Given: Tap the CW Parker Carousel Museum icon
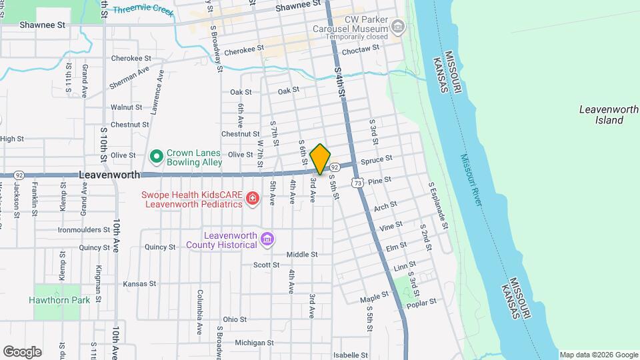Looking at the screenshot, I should [x=398, y=27].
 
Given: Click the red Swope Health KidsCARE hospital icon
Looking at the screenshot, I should [x=253, y=198].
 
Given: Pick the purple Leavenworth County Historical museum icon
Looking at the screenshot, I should [x=267, y=239].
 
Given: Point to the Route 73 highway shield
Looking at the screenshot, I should [x=359, y=182].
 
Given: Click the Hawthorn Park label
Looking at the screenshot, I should [x=59, y=300].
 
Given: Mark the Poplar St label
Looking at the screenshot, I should [x=421, y=301].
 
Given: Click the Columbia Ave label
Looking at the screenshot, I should [x=199, y=311].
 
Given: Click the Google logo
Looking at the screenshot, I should [x=22, y=351].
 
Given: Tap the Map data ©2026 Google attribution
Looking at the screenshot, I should [x=598, y=355].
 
